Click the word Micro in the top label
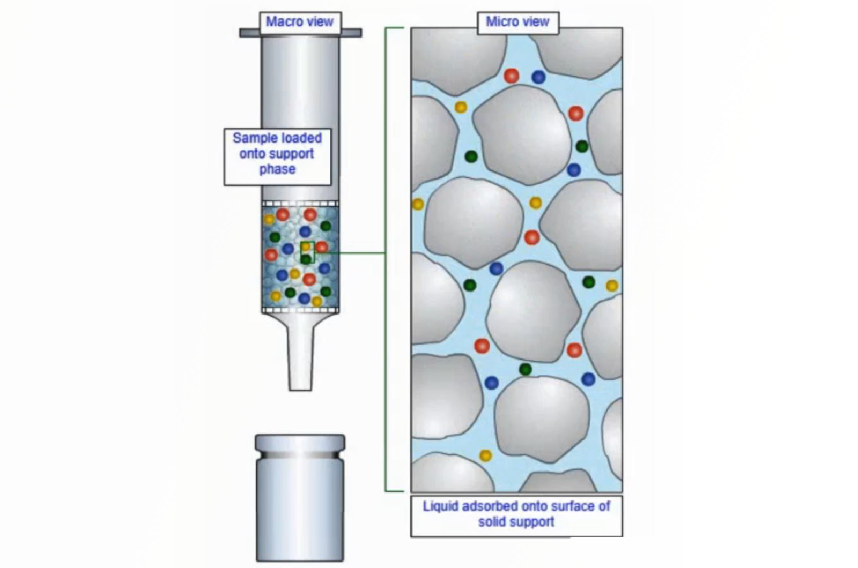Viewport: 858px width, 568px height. [501, 22]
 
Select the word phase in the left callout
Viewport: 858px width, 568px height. [277, 169]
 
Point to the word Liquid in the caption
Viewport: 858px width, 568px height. [440, 506]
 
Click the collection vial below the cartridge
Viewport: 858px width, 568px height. [300, 498]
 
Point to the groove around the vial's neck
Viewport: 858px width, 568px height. [300, 455]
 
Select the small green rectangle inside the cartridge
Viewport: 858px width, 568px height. [308, 252]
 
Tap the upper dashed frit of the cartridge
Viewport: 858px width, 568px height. [300, 204]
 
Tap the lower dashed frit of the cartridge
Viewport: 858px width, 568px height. [300, 310]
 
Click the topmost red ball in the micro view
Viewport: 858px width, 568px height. [512, 76]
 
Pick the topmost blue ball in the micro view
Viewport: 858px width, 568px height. [538, 77]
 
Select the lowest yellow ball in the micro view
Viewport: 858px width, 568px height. [485, 455]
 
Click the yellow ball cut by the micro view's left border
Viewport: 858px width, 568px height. [417, 204]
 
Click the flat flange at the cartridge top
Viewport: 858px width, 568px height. [301, 33]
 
